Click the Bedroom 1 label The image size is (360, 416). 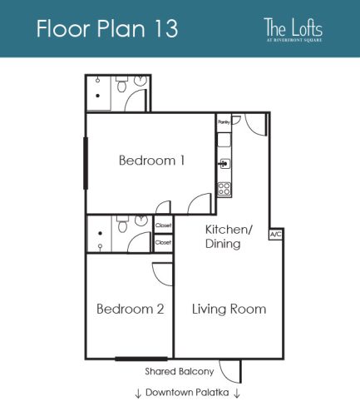(151, 161)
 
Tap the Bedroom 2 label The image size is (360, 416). (130, 309)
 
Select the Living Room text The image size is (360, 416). (229, 309)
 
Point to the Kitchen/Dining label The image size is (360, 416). (223, 236)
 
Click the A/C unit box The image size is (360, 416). (275, 235)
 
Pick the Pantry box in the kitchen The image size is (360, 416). (223, 121)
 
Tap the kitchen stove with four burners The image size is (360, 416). (224, 188)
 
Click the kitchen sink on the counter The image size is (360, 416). (223, 162)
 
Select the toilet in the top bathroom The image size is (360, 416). (122, 86)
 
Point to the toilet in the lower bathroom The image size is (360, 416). (121, 225)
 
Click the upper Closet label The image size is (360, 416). (163, 225)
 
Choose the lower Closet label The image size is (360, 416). (163, 242)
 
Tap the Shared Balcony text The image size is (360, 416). (180, 371)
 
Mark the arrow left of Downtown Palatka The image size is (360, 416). (137, 393)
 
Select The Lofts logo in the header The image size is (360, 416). (292, 29)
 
